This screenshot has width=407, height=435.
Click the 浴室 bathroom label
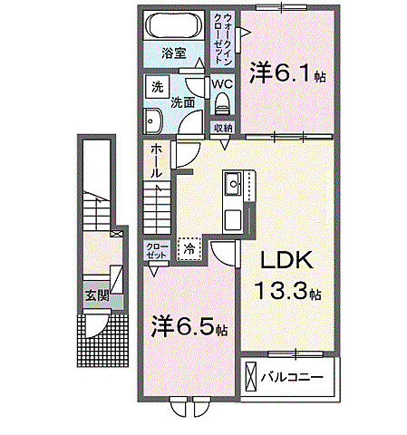point(174,53)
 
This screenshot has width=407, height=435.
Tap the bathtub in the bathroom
point(176,25)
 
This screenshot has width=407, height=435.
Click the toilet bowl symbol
point(222,102)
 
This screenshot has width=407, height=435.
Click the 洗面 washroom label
point(184,102)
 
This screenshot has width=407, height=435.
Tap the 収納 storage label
point(223,128)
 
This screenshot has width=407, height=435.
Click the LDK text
point(287,262)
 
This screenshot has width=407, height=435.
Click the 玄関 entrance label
point(98,295)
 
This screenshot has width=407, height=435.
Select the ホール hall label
point(156,159)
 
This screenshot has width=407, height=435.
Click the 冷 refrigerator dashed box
point(189,246)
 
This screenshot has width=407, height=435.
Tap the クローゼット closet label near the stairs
point(156,251)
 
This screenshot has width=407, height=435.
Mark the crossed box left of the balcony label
point(250,374)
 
